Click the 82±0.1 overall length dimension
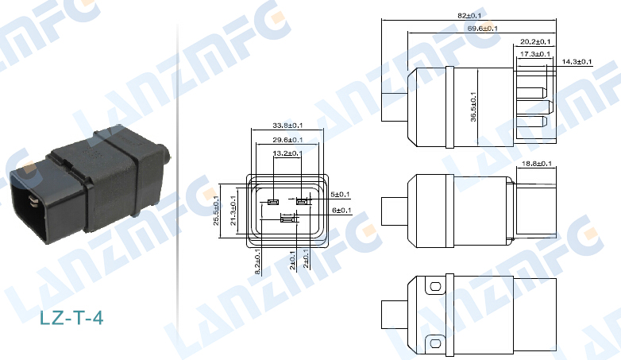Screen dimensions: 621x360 [469, 15]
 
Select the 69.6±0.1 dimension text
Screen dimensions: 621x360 [482, 29]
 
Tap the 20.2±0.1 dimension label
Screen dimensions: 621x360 [535, 41]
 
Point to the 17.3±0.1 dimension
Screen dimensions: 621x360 [535, 54]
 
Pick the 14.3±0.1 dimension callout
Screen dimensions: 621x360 [577, 61]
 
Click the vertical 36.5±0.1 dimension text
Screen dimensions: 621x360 [473, 106]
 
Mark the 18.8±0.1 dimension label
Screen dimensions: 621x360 [537, 164]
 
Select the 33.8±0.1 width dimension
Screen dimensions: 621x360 [287, 126]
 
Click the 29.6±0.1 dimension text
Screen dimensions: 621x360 [287, 140]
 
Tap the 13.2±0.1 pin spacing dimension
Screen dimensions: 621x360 [287, 153]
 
